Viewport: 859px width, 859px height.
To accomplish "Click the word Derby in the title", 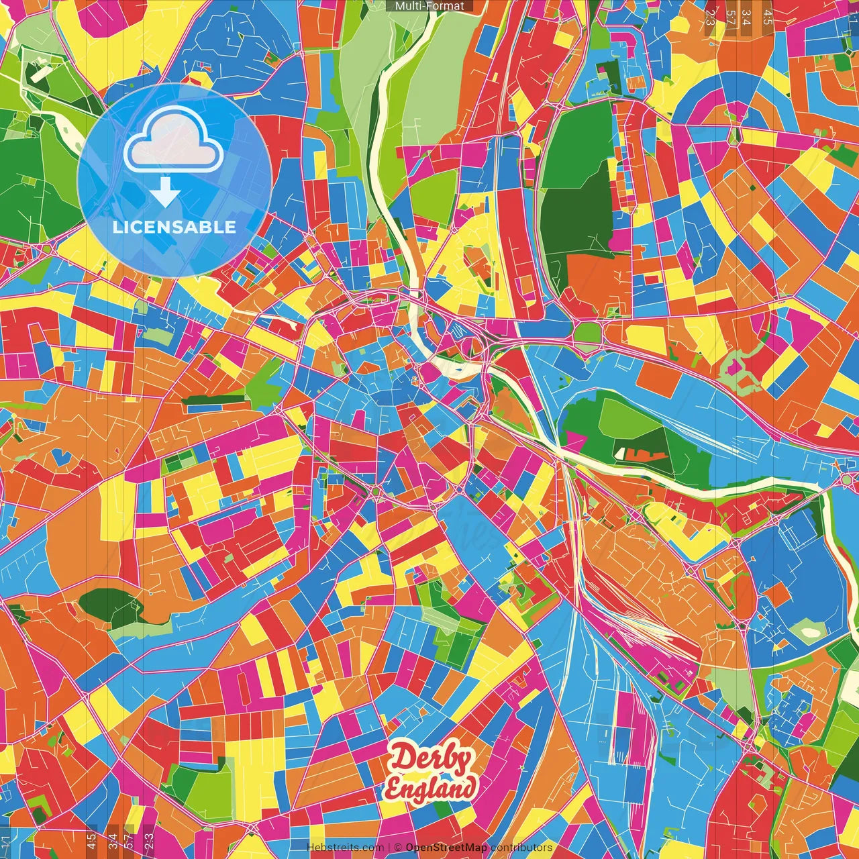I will (432, 760).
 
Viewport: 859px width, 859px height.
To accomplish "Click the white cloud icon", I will (173, 140).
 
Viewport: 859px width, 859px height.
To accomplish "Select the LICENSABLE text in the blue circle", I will (174, 227).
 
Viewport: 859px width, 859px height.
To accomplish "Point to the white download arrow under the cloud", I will (164, 193).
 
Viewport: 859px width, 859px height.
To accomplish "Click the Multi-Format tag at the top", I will (429, 6).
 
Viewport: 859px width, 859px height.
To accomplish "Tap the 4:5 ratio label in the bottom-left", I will (91, 841).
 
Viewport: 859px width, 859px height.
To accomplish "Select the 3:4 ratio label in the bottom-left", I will (112, 841).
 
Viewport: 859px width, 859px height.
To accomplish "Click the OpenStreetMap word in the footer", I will (446, 848).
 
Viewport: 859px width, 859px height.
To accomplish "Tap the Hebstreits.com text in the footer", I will (345, 848).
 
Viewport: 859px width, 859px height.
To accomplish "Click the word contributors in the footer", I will (521, 848).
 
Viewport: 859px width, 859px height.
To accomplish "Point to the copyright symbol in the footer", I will (398, 848).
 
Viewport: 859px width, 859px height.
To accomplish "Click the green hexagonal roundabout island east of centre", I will (588, 332).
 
